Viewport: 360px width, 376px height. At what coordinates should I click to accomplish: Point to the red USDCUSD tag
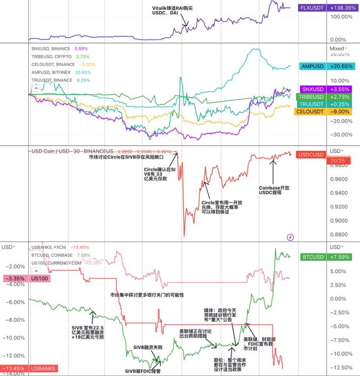310,155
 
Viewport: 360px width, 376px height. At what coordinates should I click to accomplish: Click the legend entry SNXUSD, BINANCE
51,49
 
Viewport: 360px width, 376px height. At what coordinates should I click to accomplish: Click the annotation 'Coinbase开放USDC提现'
274,190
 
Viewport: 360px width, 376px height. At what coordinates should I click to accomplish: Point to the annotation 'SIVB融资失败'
148,347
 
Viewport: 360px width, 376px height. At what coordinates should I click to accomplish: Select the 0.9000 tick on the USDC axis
339,221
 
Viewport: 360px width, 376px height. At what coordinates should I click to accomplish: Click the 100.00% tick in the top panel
338,17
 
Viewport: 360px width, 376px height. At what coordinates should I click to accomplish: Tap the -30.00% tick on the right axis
338,135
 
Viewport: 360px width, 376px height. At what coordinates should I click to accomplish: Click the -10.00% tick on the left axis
14,338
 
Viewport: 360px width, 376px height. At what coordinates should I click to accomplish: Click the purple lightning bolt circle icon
290,237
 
